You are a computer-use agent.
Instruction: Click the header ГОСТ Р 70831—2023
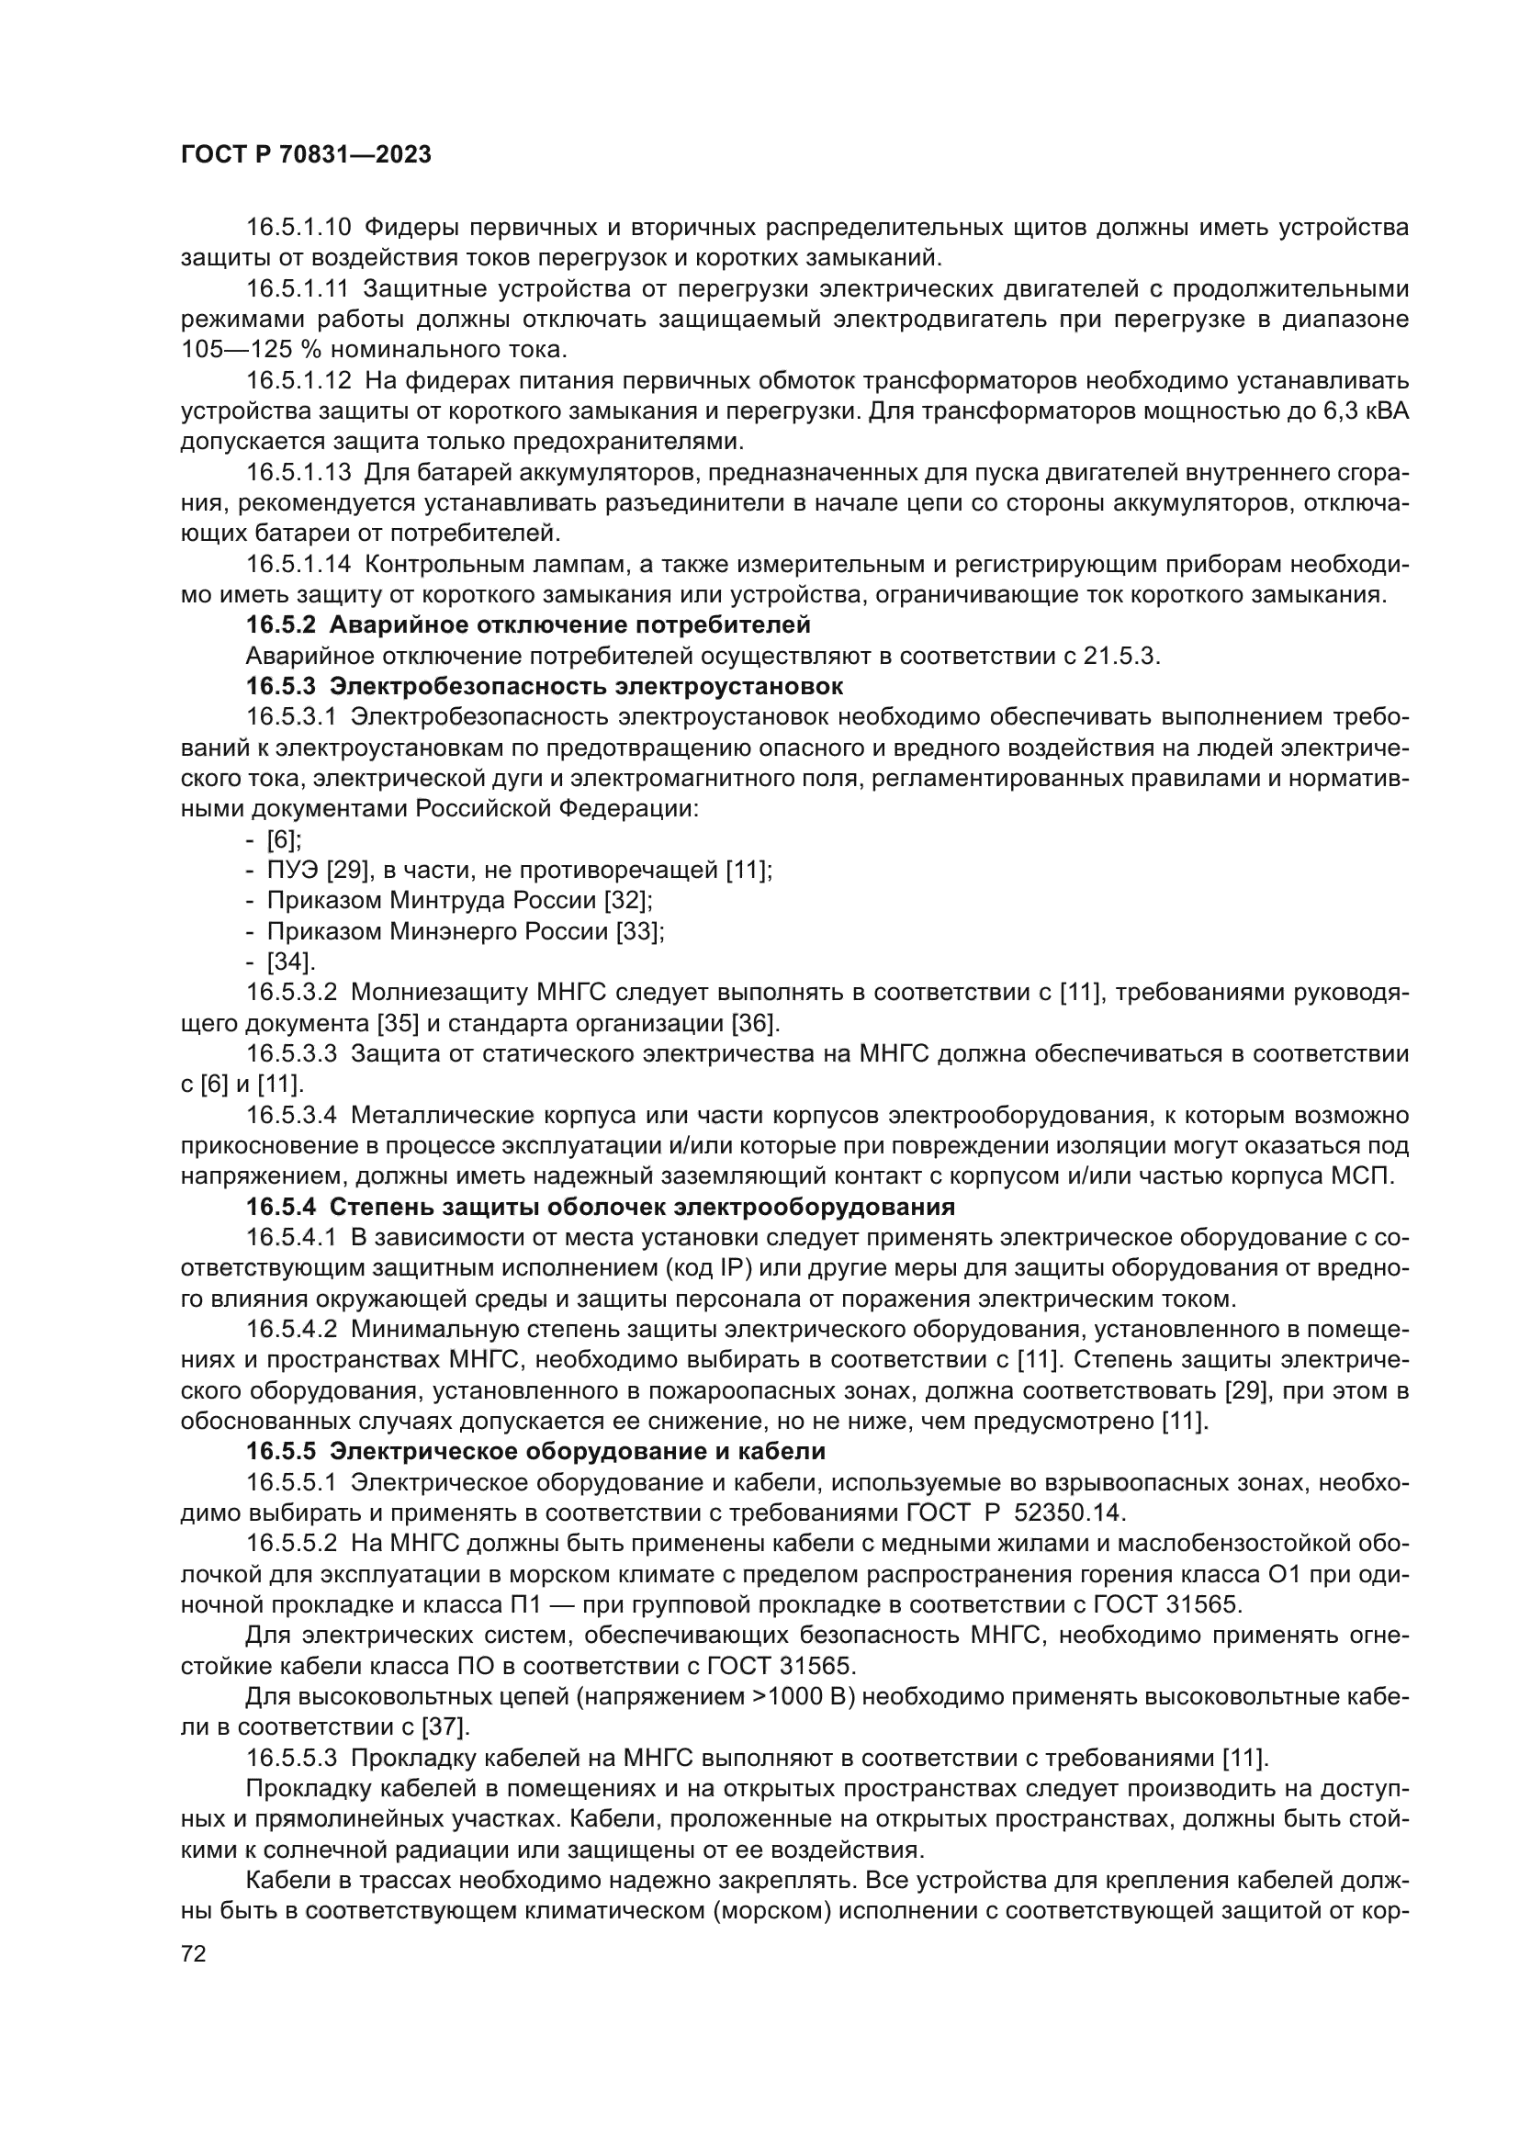306,155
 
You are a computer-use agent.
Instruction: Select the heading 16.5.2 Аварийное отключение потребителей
527,624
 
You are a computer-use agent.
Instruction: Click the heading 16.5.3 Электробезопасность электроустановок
545,686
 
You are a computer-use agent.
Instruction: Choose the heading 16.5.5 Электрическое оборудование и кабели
536,1451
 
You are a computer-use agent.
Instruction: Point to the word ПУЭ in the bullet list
293,870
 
